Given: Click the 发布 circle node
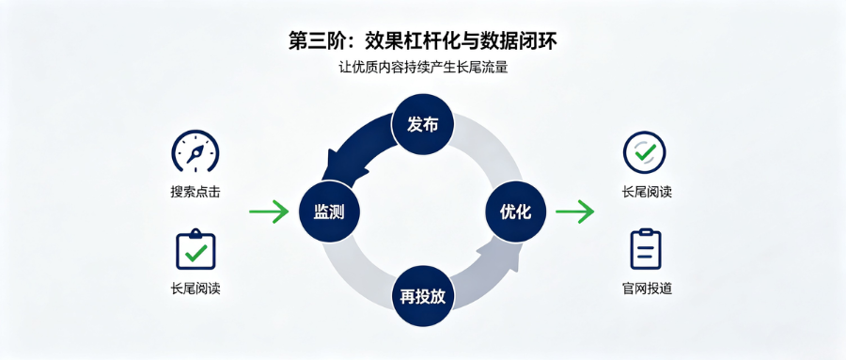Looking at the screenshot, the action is coord(422,125).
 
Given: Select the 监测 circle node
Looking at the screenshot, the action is coord(329,211).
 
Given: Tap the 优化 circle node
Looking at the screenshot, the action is coord(516,211).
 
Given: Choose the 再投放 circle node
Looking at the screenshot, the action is coord(422,296).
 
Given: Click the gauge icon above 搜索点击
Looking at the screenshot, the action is coord(196,150).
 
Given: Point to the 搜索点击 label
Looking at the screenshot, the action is coord(196,192).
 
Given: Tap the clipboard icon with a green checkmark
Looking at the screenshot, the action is coord(196,249).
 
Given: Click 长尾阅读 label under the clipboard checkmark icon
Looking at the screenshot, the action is coord(196,289).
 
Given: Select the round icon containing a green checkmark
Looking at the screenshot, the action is coord(644,152).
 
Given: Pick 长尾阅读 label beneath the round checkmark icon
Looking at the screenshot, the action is coord(647,192).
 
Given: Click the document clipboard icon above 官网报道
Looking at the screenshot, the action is coord(646,249).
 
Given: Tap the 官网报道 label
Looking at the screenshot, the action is coord(647,289).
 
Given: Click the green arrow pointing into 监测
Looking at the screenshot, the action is coord(269,211).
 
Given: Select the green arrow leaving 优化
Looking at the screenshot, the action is coord(574,211).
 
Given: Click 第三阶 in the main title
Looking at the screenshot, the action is coord(313,41).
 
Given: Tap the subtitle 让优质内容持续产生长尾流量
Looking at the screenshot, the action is coord(423,69).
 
